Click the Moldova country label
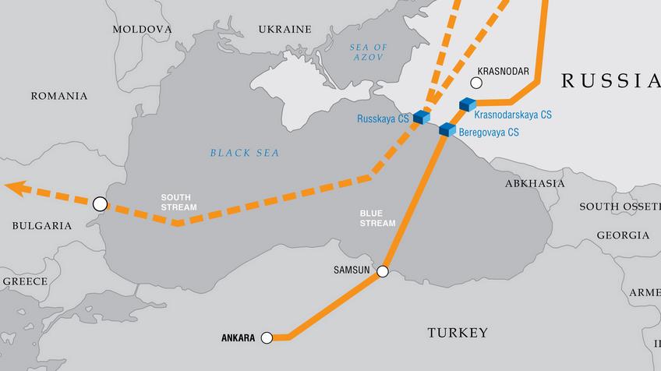point(142,29)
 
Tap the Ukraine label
point(285,30)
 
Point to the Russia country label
point(610,80)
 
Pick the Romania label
point(58,96)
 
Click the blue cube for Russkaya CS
point(422,118)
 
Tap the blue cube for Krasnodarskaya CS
point(468,104)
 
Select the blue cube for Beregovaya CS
point(447,129)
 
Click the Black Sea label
point(244,153)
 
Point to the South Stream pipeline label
point(179,202)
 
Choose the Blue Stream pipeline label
point(377,217)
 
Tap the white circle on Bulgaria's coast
point(99,204)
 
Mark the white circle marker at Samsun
point(383,272)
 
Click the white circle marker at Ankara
point(267,337)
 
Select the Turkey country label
point(458,333)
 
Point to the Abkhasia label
point(535,183)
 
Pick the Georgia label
point(623,235)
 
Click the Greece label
point(25,281)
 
